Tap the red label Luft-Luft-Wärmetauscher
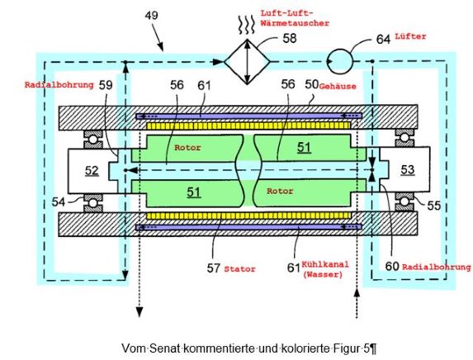(x=295, y=18)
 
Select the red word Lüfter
(x=410, y=36)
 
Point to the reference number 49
(x=151, y=15)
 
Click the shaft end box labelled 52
(x=92, y=171)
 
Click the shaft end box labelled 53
(x=406, y=169)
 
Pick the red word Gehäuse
(x=338, y=87)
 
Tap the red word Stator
(x=239, y=269)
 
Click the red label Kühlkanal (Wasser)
(x=325, y=269)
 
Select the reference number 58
(x=290, y=38)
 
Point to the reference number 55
(x=433, y=206)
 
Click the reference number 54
(x=59, y=201)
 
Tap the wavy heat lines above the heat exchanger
(x=247, y=25)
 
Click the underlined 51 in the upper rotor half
(x=304, y=147)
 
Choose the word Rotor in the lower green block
(x=280, y=191)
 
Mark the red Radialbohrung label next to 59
(x=59, y=85)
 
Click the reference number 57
(x=214, y=268)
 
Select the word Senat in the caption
(x=165, y=348)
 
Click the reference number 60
(x=392, y=266)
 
